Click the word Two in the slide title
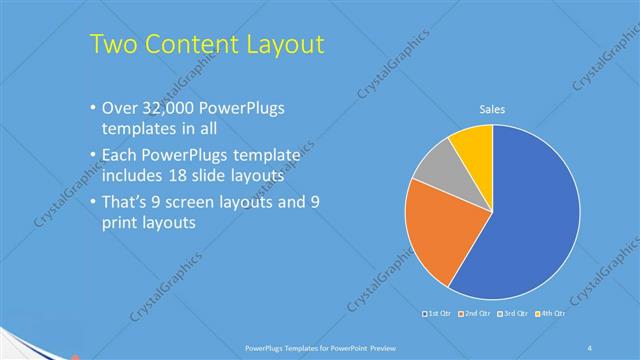point(113,44)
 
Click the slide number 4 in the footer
point(590,347)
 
